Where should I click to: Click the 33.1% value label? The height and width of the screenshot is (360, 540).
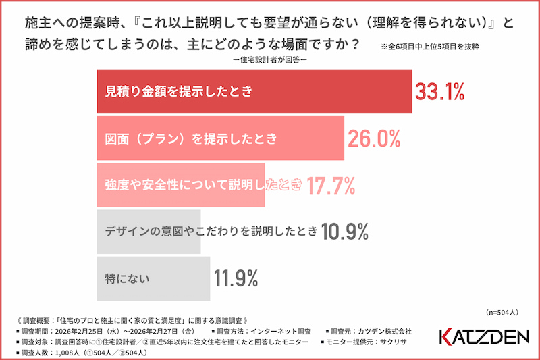click(x=440, y=92)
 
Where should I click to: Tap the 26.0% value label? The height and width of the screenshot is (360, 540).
click(x=374, y=138)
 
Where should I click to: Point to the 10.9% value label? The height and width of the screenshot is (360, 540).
click(x=344, y=231)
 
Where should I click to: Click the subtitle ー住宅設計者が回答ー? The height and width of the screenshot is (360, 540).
click(x=270, y=61)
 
